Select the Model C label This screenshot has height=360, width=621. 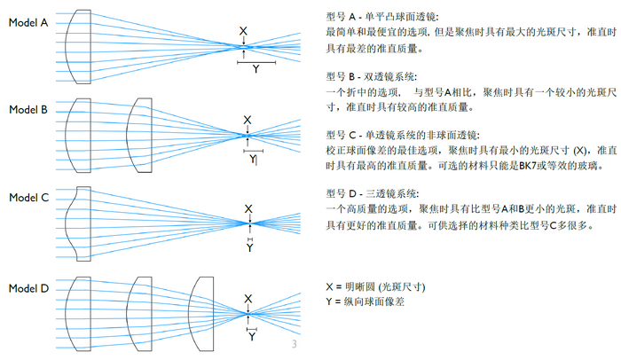point(28,198)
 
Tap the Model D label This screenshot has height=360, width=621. point(28,288)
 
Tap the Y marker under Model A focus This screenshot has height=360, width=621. point(255,68)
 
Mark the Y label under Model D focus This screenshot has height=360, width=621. point(251,337)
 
